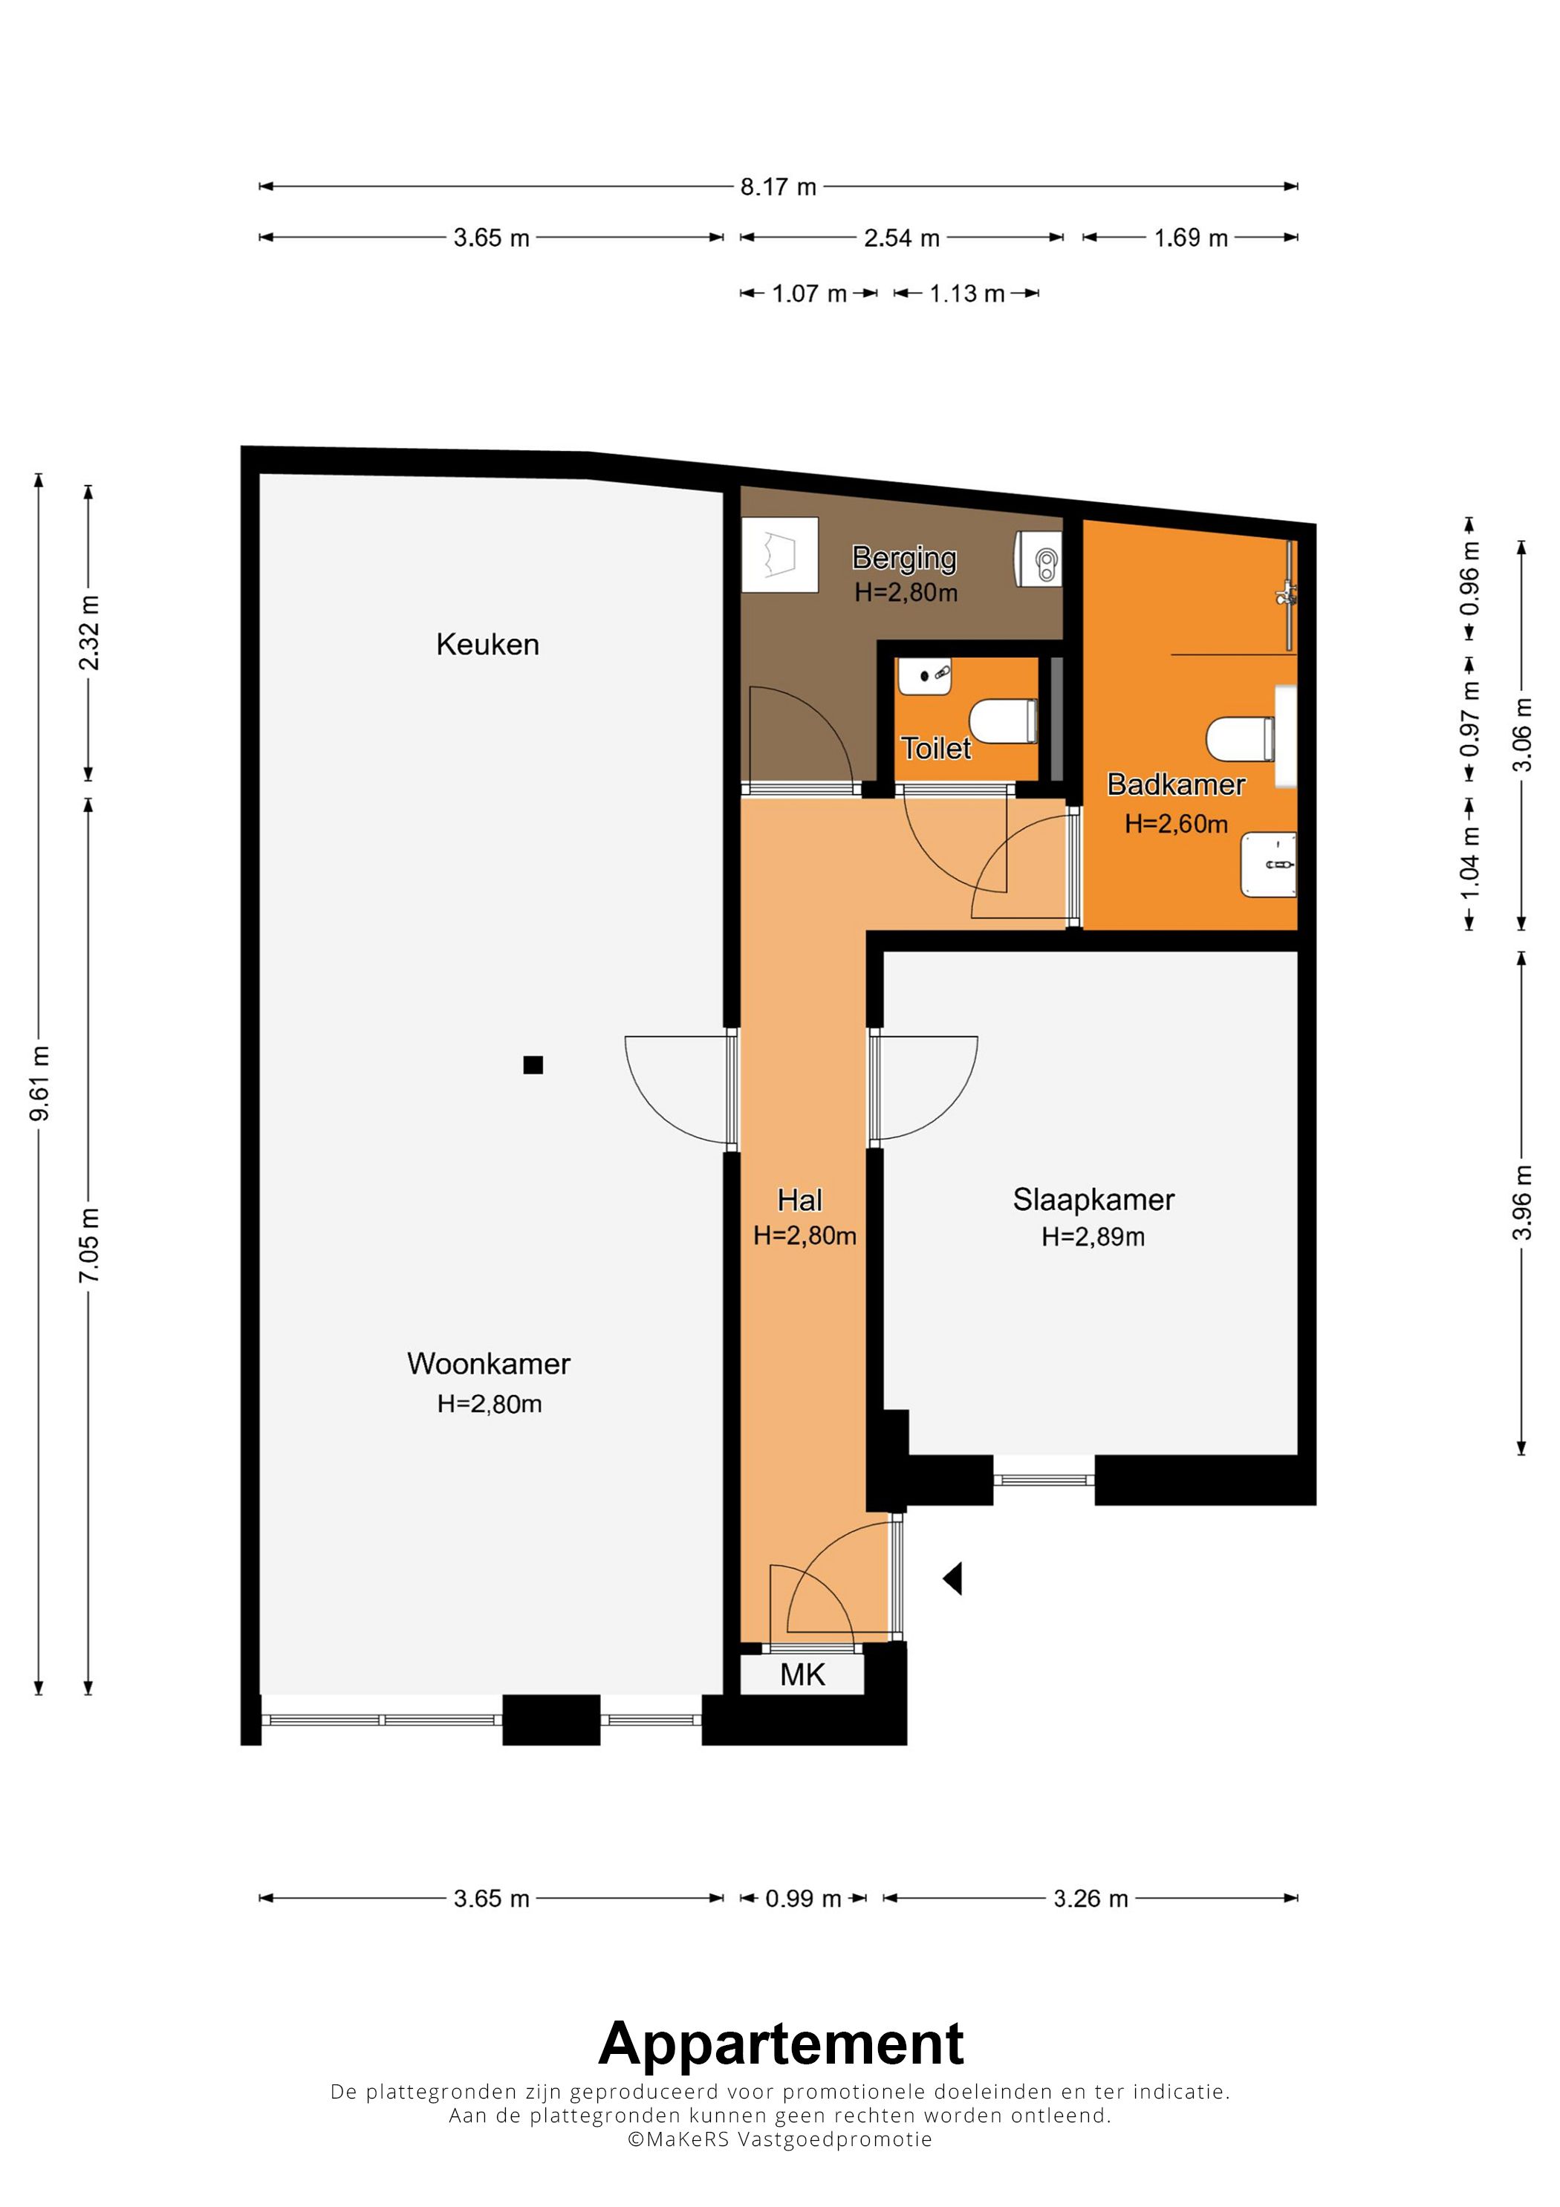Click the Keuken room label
point(487,644)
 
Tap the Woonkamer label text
point(488,1363)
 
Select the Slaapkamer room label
point(1093,1200)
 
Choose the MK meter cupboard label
point(802,1675)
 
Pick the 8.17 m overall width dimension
point(779,186)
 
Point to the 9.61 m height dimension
point(39,1083)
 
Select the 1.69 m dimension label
point(1191,238)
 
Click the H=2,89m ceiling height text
point(1093,1237)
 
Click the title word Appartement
point(781,2044)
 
